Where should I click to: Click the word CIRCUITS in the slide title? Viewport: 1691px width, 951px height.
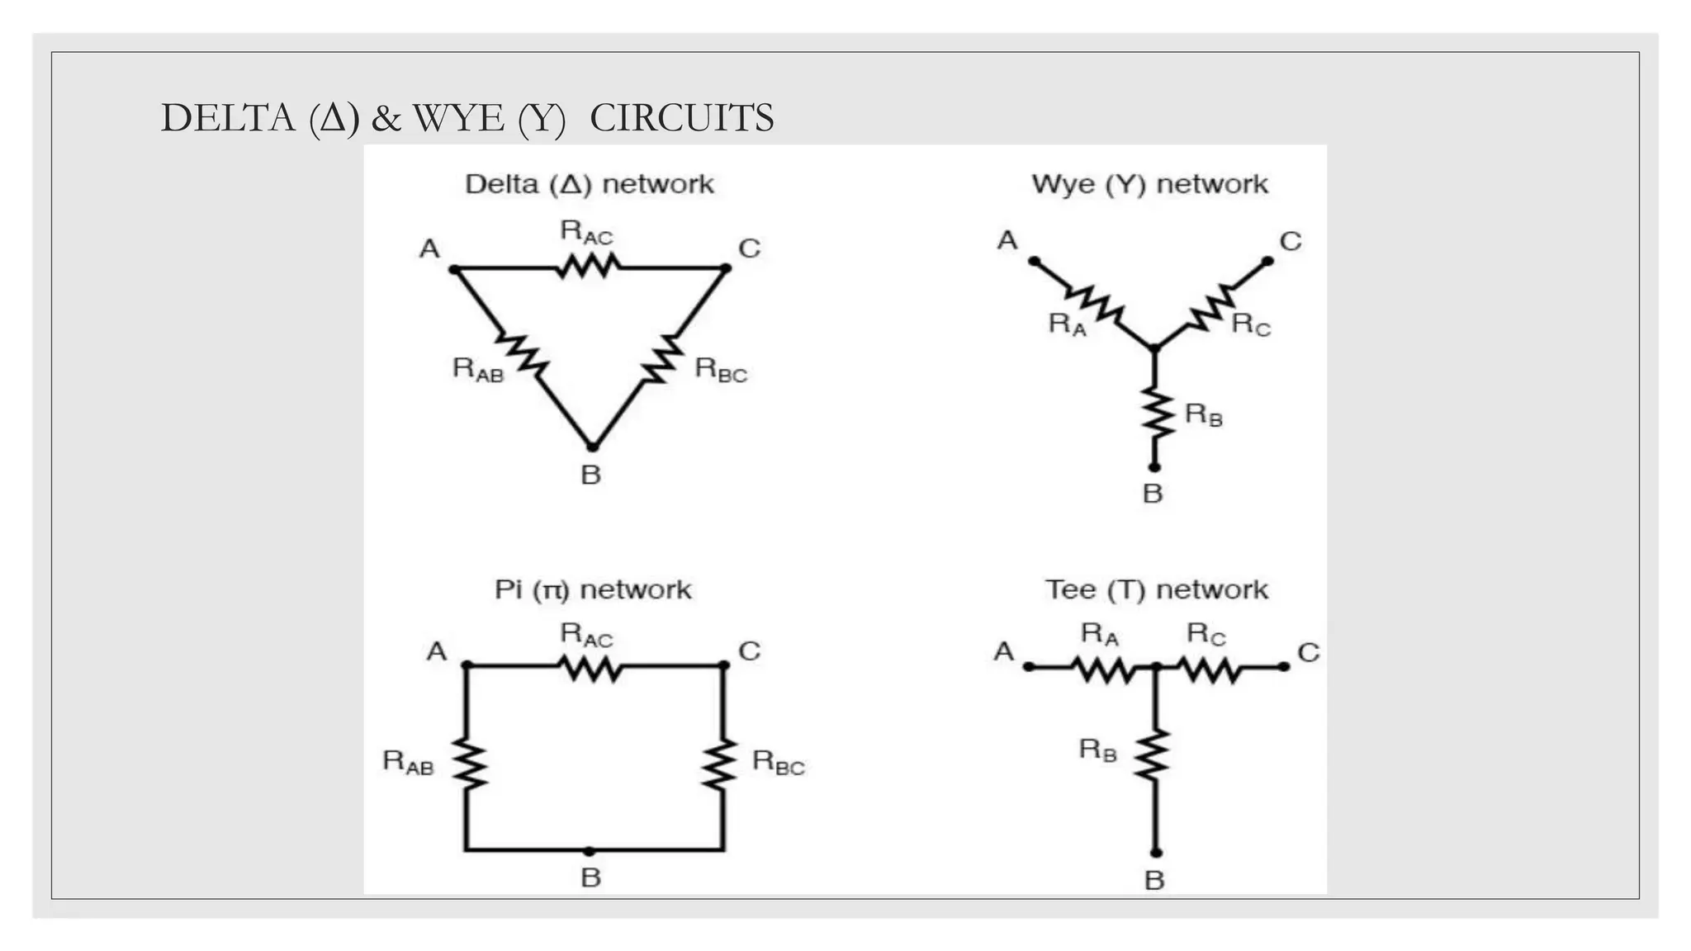pos(681,118)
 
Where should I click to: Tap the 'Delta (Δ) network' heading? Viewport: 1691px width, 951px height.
pos(589,184)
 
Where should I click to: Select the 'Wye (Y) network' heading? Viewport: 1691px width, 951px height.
pos(1149,184)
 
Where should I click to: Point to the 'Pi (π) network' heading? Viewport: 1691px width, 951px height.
pos(592,589)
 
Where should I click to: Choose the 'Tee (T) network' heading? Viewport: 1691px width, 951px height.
pos(1156,589)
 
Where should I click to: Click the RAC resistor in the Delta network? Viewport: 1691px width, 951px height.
pos(588,267)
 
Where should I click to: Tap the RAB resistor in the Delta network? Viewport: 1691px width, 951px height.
pos(522,355)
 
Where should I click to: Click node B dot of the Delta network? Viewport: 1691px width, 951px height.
pos(592,447)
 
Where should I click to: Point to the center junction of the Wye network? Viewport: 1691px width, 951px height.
pos(1154,348)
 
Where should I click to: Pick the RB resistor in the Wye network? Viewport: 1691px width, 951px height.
pos(1156,414)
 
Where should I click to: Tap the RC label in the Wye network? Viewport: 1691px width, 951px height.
pos(1251,324)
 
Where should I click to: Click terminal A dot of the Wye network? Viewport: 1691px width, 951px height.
pos(1033,261)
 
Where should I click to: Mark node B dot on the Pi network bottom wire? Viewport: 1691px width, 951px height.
pos(589,850)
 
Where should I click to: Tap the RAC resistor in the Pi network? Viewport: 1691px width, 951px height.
pos(590,667)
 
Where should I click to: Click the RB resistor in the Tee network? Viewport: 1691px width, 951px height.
pos(1155,753)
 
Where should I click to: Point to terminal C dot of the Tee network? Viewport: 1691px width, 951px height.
pos(1284,667)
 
